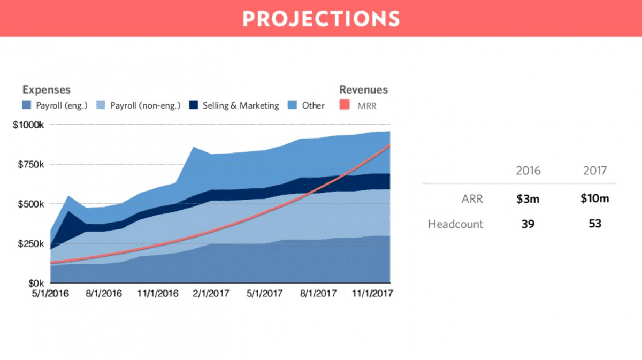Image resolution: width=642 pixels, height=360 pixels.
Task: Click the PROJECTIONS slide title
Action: tap(321, 19)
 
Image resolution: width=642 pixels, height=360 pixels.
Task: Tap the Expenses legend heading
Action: tap(47, 90)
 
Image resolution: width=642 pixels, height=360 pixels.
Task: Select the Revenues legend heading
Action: tap(363, 89)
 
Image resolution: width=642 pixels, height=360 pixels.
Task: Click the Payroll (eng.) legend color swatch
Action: tap(26, 105)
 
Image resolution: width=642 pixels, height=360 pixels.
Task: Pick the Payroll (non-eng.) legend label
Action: tap(146, 105)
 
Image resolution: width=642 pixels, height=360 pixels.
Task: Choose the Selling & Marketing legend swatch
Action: tap(194, 105)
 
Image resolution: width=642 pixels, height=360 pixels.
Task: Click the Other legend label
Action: tap(314, 105)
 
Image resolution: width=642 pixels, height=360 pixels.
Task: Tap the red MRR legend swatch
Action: tap(345, 105)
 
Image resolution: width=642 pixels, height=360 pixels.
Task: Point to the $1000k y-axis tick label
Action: tap(28, 125)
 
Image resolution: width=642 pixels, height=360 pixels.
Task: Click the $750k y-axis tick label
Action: tap(31, 165)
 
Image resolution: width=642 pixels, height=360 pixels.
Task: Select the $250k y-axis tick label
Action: tap(31, 243)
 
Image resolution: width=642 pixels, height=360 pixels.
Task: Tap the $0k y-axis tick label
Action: tap(36, 283)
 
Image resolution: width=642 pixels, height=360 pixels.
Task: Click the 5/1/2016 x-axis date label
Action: tap(50, 294)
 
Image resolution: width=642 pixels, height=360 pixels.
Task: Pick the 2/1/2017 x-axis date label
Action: tap(211, 294)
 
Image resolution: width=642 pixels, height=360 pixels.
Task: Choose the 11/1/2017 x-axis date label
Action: tap(372, 294)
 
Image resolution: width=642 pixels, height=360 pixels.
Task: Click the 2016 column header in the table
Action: tap(528, 171)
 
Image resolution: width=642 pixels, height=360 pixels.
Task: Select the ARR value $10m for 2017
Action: tap(595, 198)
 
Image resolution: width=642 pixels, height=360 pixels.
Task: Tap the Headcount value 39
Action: tap(528, 224)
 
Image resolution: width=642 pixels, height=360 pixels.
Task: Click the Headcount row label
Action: tap(455, 224)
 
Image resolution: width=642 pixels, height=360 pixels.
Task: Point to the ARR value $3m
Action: tap(528, 199)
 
